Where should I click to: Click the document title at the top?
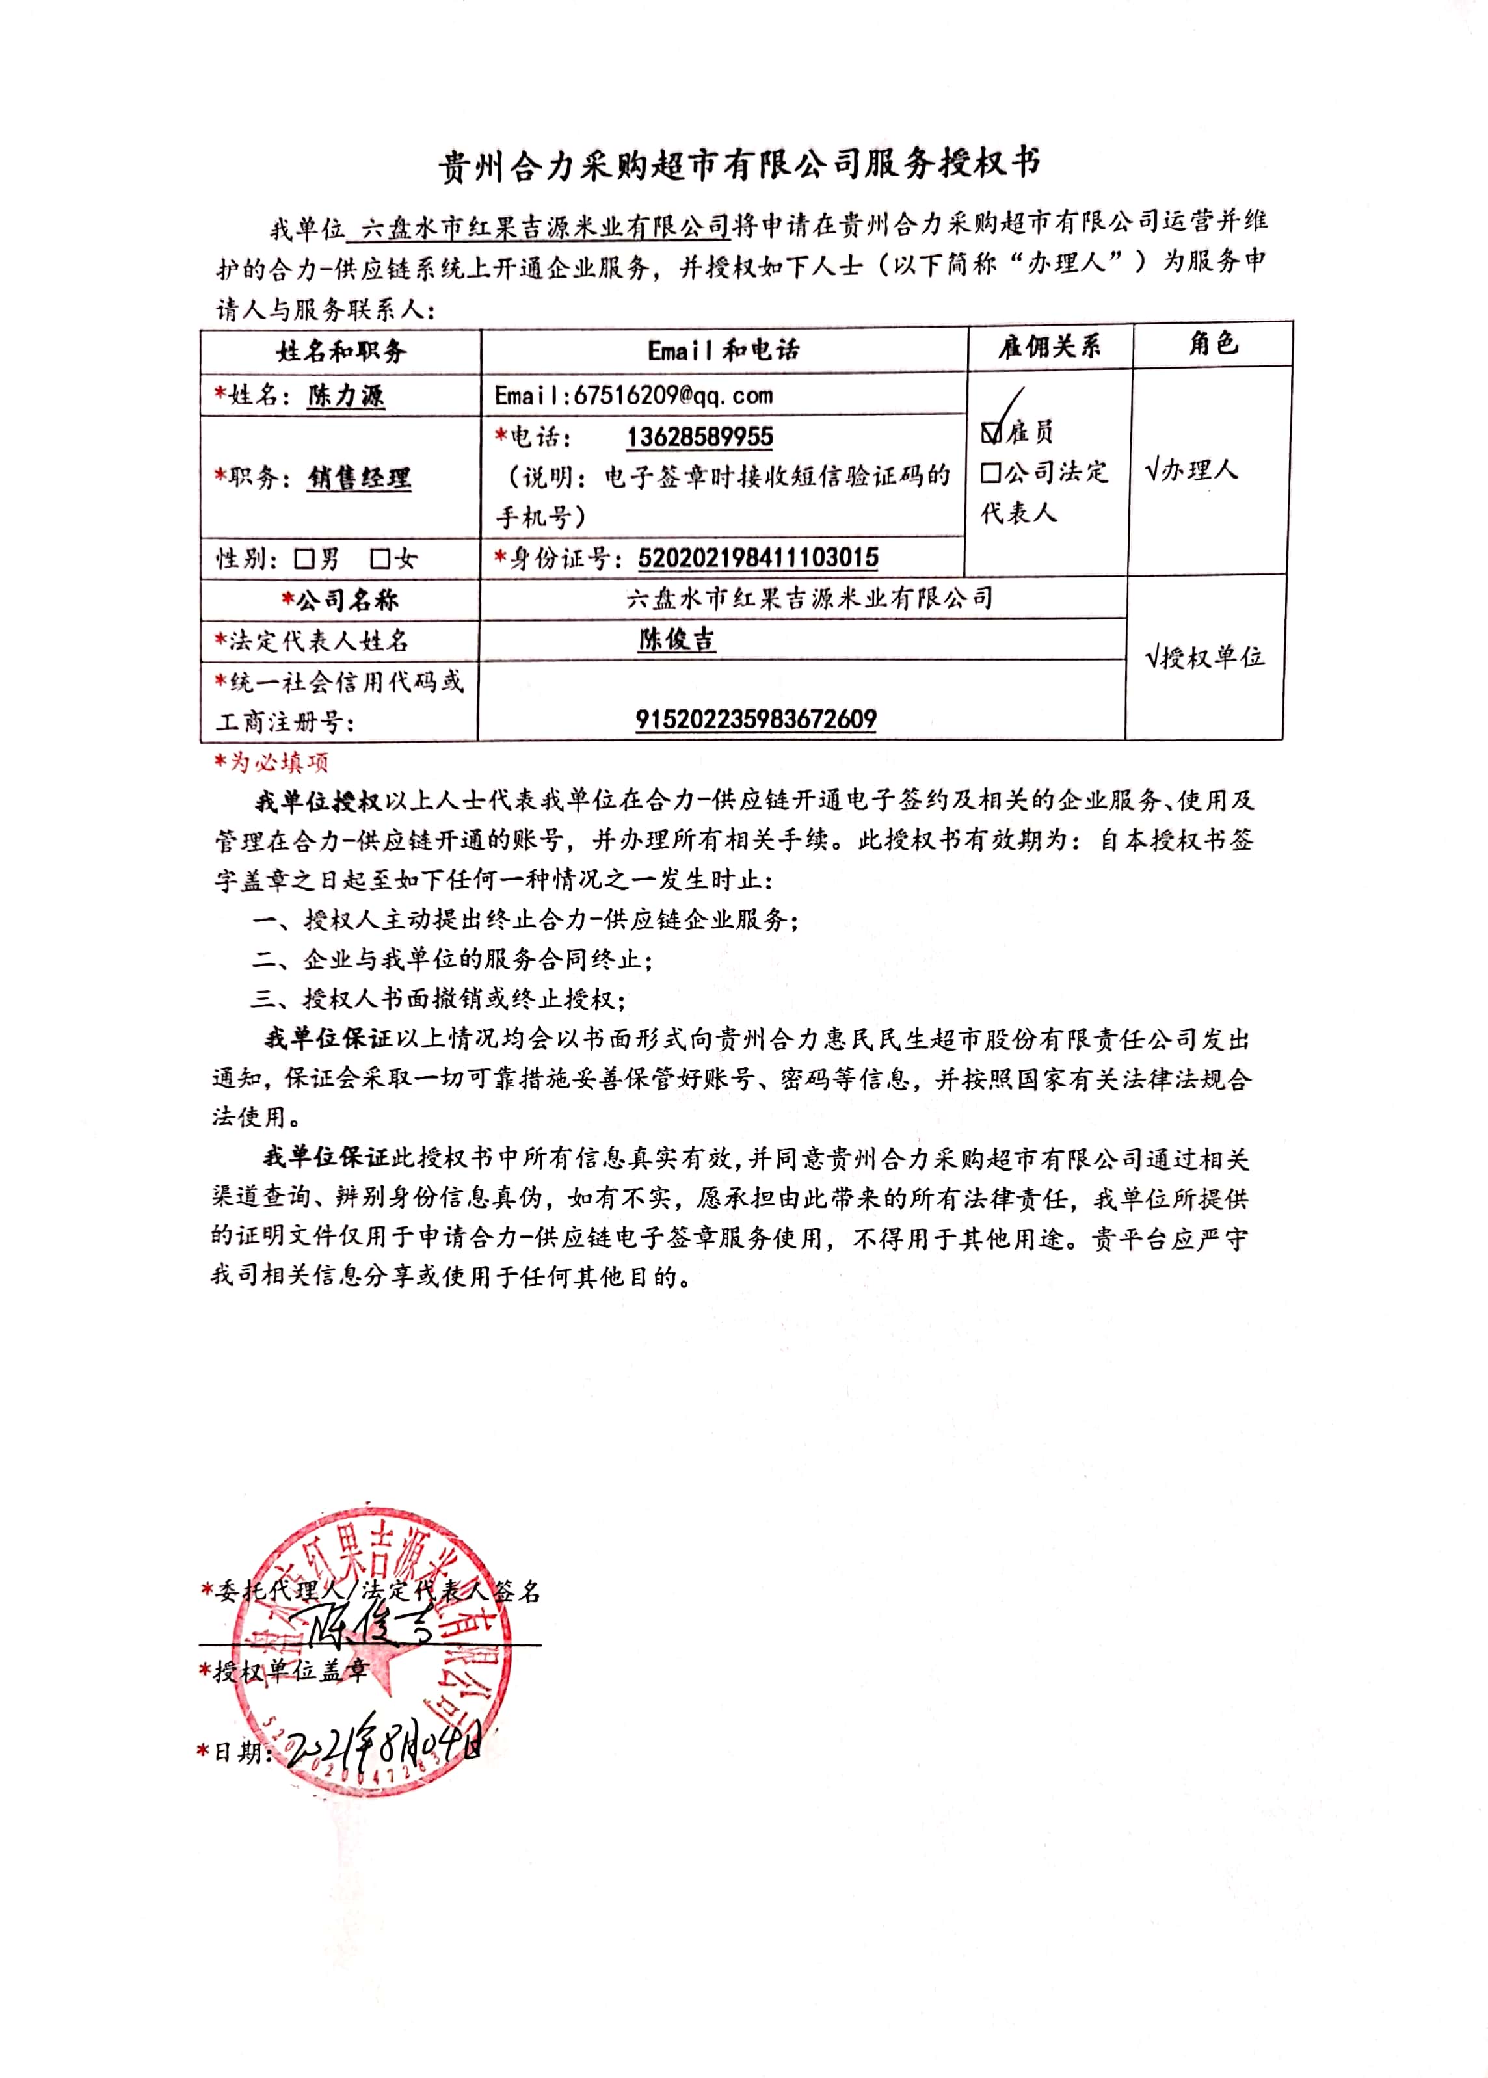pos(739,165)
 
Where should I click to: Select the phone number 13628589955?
pos(699,437)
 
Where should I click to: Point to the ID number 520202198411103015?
pos(757,558)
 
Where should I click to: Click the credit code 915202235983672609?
pos(756,719)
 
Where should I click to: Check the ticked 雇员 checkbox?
pos(990,431)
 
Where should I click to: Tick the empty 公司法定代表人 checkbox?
pos(990,473)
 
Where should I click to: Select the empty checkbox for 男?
pos(304,559)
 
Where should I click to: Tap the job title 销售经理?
pos(359,478)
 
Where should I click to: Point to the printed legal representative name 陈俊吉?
pos(676,639)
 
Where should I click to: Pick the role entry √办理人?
pos(1191,471)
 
